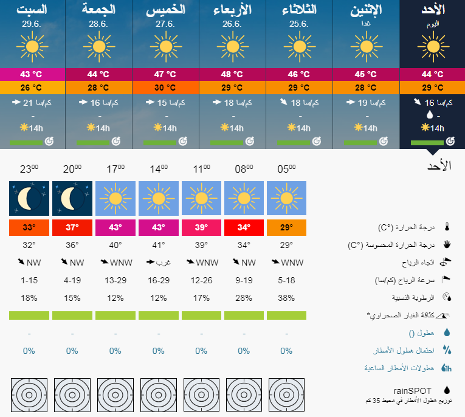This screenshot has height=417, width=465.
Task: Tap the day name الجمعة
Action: click(99, 10)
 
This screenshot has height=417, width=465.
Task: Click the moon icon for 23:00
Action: click(29, 198)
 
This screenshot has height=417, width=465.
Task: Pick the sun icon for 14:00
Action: click(158, 198)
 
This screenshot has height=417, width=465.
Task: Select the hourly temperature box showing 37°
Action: click(72, 227)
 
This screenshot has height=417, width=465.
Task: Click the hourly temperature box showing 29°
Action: click(286, 227)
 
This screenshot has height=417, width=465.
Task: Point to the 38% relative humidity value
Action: click(286, 298)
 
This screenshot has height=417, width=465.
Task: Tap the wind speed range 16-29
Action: click(158, 280)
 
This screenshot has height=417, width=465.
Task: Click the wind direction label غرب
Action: click(158, 263)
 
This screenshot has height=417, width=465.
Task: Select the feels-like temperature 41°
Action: click(158, 245)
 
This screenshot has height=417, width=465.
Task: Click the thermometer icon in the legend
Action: click(447, 227)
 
